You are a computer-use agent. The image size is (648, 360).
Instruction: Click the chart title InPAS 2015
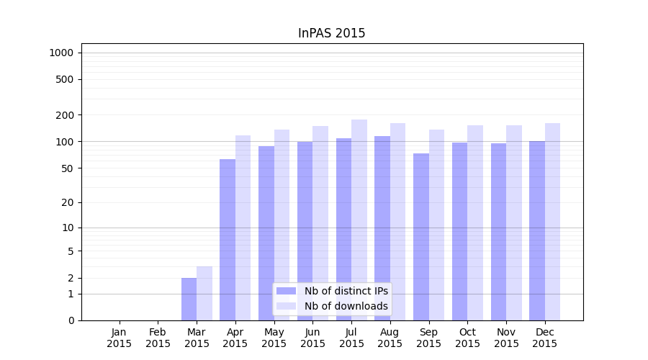331,34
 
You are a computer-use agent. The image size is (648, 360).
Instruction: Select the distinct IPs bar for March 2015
189,299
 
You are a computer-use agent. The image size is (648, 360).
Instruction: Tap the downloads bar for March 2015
204,293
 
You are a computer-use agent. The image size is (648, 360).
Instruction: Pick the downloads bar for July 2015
359,220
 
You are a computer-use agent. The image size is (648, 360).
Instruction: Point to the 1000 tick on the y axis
61,53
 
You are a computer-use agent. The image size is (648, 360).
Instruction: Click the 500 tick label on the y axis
65,79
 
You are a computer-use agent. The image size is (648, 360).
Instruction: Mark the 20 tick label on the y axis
68,202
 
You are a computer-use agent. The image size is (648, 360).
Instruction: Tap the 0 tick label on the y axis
71,320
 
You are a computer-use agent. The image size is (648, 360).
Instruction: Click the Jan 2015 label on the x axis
120,338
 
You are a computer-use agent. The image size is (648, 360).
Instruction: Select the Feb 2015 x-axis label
158,338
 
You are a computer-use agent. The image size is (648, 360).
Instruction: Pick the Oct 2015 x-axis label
467,338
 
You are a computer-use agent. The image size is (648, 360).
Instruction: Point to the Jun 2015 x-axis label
312,338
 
